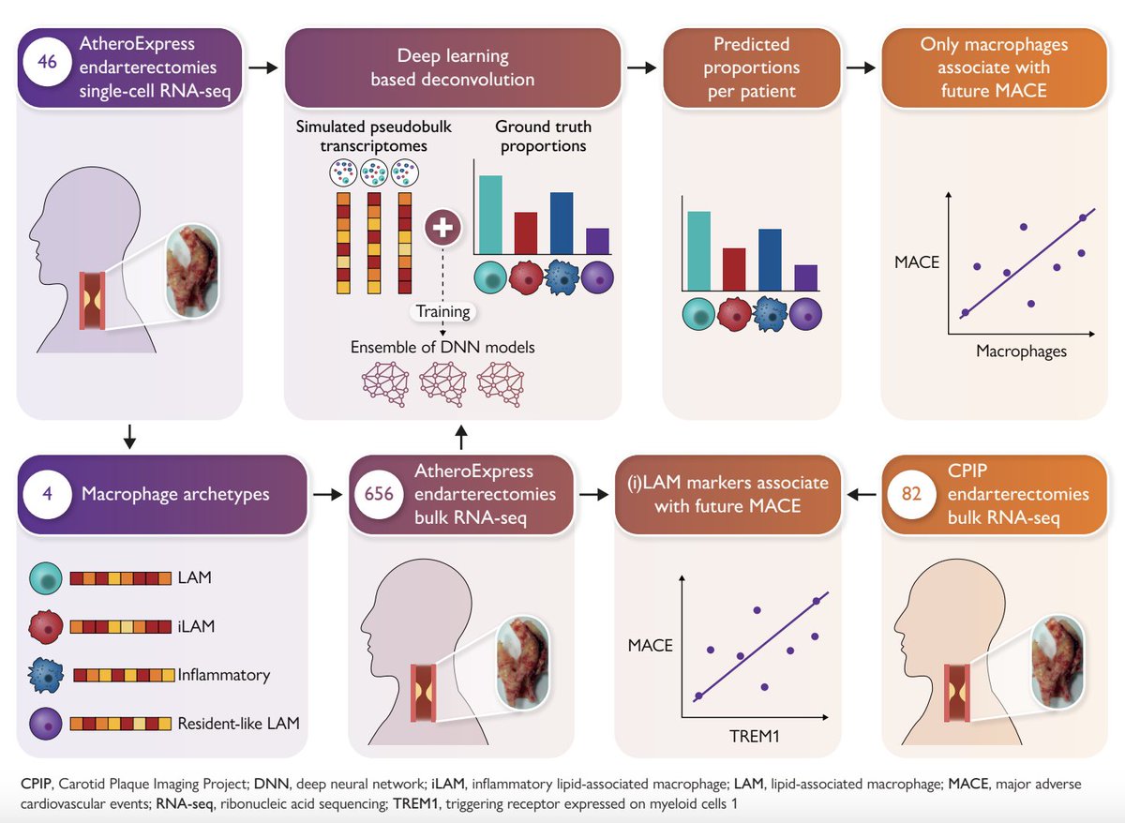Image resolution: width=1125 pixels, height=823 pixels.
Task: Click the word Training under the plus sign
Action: point(442,311)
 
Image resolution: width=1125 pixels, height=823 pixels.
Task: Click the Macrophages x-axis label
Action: point(1021,352)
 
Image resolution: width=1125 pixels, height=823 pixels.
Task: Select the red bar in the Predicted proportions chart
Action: point(734,269)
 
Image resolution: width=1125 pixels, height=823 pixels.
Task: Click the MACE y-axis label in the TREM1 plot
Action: point(652,645)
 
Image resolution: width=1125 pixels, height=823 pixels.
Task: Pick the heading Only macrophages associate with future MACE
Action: point(994,67)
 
